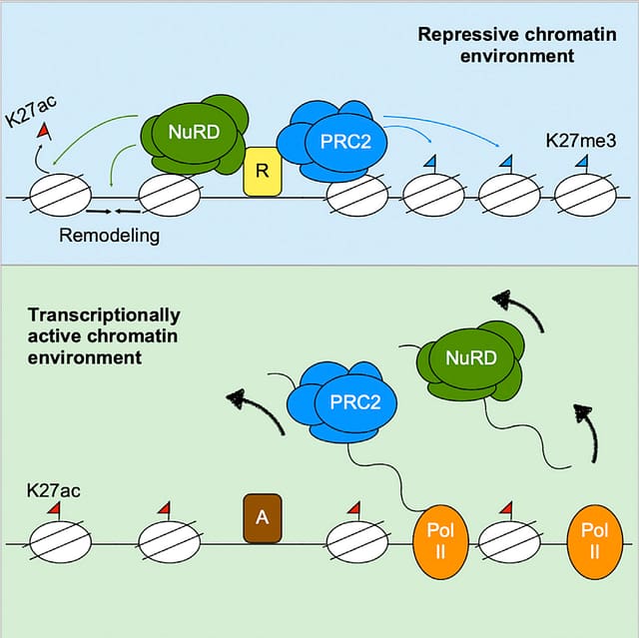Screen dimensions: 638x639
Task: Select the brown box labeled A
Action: point(263,516)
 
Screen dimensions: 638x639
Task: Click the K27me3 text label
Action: point(579,142)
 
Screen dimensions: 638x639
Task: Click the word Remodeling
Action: point(109,237)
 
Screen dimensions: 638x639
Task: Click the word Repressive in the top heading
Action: point(460,34)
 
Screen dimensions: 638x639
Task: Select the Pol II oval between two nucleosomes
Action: point(440,543)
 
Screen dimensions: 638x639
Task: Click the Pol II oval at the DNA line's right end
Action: point(594,543)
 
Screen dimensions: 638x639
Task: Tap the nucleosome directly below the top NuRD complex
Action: point(169,197)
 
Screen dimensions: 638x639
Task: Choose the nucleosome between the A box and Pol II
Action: point(356,543)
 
